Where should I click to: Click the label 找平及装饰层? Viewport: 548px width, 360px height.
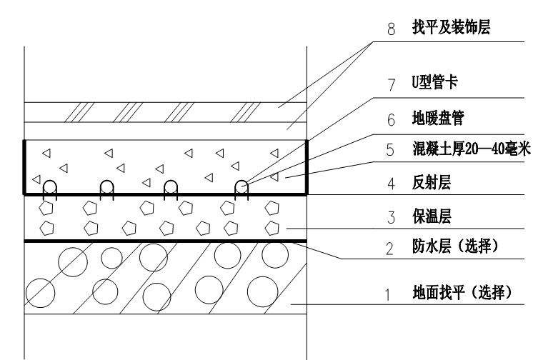click(452, 27)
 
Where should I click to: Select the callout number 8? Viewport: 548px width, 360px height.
click(392, 29)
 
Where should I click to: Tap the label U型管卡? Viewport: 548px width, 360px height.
click(435, 82)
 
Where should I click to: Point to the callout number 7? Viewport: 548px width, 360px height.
click(392, 84)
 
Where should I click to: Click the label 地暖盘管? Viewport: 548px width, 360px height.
click(438, 118)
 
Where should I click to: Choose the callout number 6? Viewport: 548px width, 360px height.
click(391, 119)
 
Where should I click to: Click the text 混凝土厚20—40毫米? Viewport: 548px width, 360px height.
click(472, 149)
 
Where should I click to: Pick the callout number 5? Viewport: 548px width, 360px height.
click(390, 149)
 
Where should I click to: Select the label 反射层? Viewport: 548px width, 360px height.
click(432, 182)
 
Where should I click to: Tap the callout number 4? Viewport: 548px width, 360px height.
click(391, 184)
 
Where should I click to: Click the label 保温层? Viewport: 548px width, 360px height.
click(432, 216)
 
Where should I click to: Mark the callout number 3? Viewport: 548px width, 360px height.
click(391, 217)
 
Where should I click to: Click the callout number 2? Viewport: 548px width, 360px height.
click(389, 249)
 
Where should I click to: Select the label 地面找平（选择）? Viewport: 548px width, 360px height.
click(462, 292)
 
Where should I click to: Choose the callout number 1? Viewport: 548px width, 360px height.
click(387, 295)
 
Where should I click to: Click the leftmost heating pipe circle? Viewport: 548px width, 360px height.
click(50, 181)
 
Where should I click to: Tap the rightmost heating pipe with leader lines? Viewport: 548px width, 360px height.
click(241, 181)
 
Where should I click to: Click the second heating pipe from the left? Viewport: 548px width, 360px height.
click(106, 181)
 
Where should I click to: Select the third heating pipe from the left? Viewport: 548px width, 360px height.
click(171, 181)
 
